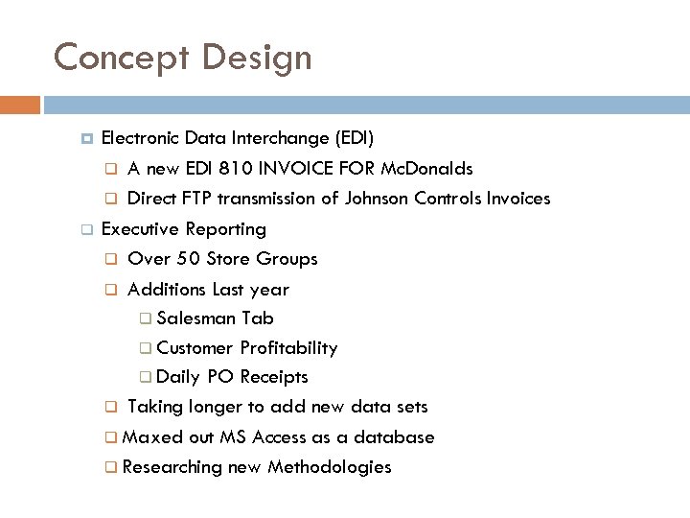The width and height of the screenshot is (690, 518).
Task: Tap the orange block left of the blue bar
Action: [x=20, y=105]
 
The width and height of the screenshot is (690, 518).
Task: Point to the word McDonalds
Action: [x=426, y=169]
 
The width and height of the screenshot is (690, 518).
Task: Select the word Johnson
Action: [x=378, y=199]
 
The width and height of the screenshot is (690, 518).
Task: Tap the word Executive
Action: [x=141, y=229]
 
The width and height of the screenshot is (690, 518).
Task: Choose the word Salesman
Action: [x=196, y=318]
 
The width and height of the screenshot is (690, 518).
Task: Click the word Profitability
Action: [x=288, y=348]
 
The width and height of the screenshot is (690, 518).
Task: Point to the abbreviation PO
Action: [x=220, y=377]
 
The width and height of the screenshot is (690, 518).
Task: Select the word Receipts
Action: [x=274, y=377]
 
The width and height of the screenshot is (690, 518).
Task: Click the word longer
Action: [x=203, y=408]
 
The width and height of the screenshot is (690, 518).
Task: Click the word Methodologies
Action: [x=330, y=467]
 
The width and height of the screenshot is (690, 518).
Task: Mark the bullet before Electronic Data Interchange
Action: [x=85, y=139]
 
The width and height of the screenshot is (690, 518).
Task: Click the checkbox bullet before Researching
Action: [x=111, y=468]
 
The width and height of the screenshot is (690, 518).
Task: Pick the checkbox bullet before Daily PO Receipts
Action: [x=145, y=378]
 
